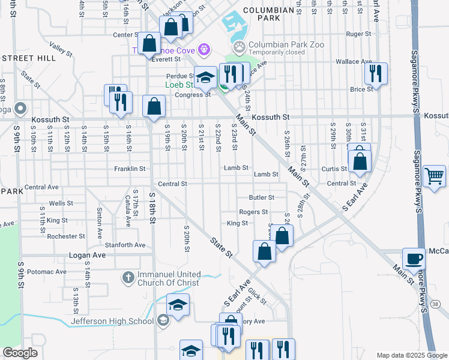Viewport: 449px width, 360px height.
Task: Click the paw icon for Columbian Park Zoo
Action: (240, 46)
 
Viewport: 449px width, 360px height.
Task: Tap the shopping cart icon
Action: (434, 176)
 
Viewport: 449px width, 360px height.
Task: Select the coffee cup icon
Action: (414, 259)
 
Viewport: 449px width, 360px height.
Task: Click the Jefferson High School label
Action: (113, 321)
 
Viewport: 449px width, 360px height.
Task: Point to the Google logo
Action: (20, 353)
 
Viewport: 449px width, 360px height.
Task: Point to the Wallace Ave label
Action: (354, 62)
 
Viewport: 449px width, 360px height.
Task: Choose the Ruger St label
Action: (360, 34)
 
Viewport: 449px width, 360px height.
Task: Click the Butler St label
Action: (262, 197)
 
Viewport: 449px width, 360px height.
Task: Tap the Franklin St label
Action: (130, 169)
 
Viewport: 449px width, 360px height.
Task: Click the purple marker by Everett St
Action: (204, 48)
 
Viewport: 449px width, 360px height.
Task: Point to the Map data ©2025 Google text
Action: (411, 355)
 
